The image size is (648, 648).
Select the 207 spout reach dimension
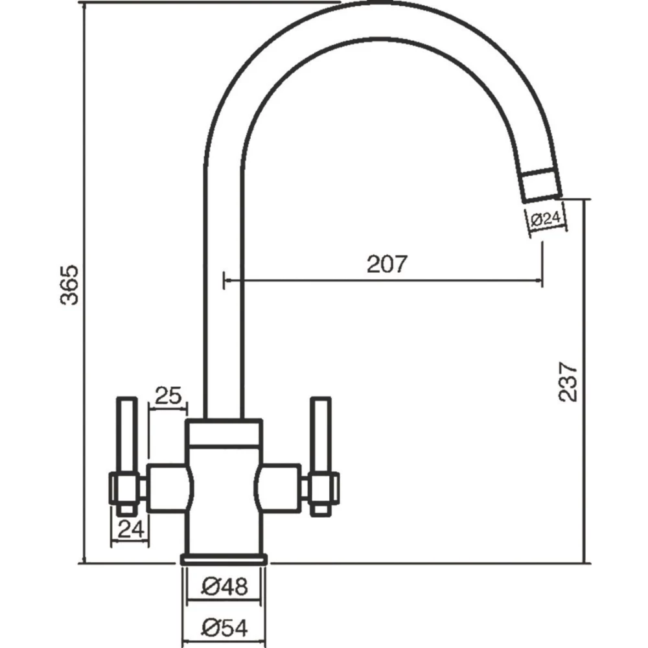[x=387, y=264]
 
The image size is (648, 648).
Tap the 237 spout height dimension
[x=568, y=381]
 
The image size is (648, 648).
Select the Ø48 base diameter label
[x=224, y=587]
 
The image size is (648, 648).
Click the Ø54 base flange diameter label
[x=224, y=627]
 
